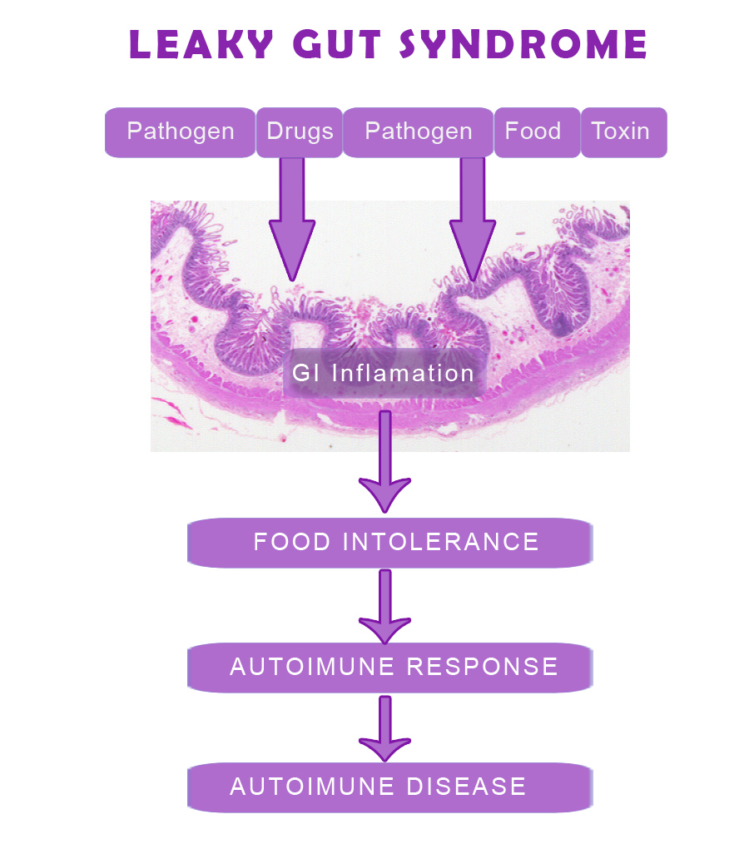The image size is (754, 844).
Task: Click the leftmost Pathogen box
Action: [x=180, y=132]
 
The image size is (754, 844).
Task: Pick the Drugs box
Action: [x=300, y=132]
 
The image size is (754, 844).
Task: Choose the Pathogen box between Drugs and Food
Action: [x=418, y=132]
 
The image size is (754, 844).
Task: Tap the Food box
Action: [x=533, y=132]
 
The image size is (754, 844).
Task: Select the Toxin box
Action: [x=620, y=132]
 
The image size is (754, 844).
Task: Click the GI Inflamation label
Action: [x=383, y=373]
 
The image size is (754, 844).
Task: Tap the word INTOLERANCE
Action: [x=441, y=542]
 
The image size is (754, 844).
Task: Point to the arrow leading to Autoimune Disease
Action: [x=384, y=728]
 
